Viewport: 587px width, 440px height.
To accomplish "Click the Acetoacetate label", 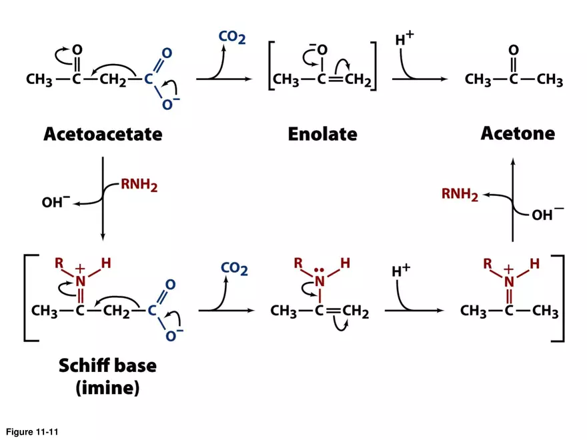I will click(103, 134).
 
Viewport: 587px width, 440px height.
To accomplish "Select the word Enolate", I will click(322, 134).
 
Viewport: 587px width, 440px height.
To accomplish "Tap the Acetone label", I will click(517, 133).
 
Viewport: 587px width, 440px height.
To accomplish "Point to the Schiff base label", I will click(107, 365).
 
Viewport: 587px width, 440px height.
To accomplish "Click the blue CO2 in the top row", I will click(231, 37).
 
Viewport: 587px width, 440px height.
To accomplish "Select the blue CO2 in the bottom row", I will click(234, 269).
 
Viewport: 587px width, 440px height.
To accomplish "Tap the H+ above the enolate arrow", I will click(404, 39).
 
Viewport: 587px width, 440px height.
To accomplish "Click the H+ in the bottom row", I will click(401, 271).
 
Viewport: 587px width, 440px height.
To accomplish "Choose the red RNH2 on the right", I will click(460, 195).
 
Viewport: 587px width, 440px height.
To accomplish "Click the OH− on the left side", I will click(56, 201).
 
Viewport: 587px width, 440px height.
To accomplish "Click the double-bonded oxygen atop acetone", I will click(512, 51).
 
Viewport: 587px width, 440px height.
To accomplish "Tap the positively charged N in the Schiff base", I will click(81, 281).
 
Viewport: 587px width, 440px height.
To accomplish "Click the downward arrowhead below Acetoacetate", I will click(102, 237).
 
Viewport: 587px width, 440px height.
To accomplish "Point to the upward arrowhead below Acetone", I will click(512, 160).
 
